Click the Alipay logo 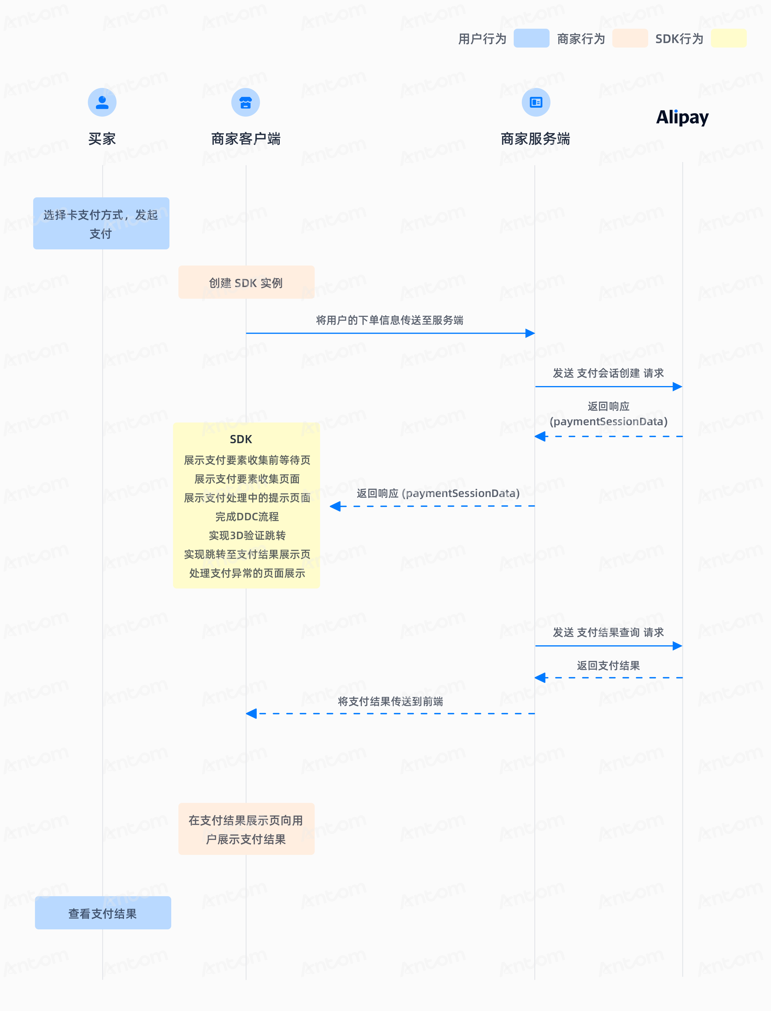pos(683,117)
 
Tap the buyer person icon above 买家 pos(102,102)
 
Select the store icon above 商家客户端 pos(246,102)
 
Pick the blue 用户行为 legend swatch pos(531,38)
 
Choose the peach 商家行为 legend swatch pos(630,38)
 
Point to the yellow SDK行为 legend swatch pos(729,38)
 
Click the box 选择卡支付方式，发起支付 pos(101,224)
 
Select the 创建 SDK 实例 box pos(247,282)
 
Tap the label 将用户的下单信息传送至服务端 pos(390,320)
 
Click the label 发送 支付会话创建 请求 pos(608,373)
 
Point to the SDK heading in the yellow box pos(241,439)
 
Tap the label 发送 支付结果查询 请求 pos(608,632)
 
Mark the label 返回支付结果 pos(608,665)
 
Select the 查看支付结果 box pos(103,913)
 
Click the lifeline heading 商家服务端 pos(535,139)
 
